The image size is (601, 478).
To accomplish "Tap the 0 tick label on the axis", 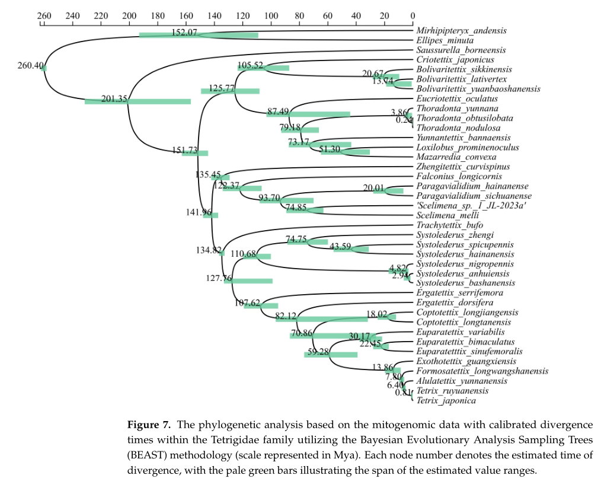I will point(413,16).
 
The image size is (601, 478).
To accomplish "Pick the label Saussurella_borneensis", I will point(454,50).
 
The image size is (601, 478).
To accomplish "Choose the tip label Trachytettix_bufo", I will point(449,225).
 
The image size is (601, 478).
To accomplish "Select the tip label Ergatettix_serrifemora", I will point(460,293).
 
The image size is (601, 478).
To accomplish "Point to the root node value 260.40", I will point(30,65).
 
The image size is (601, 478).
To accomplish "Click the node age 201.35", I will point(114,99).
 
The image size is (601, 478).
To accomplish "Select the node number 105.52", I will point(250,65).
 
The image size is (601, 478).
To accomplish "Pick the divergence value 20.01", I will point(375,188).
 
